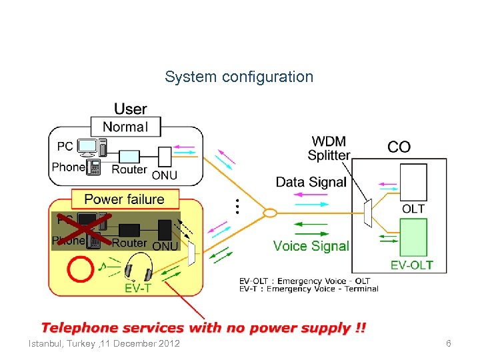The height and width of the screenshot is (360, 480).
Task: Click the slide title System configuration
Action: [239, 77]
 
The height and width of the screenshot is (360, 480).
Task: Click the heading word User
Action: [131, 109]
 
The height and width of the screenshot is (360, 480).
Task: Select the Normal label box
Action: [125, 127]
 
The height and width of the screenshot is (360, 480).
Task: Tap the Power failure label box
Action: [124, 199]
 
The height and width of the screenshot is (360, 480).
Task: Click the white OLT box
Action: [413, 182]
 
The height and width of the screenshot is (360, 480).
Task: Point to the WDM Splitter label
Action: [329, 149]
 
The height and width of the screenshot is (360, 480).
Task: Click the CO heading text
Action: [399, 147]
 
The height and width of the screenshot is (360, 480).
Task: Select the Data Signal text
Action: [311, 182]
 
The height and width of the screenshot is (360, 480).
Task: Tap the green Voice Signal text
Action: [311, 246]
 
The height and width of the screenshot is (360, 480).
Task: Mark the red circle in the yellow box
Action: [79, 269]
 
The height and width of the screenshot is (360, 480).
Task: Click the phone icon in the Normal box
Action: [93, 167]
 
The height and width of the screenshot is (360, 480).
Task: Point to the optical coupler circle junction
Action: [270, 213]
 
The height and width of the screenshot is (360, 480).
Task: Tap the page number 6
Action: [449, 343]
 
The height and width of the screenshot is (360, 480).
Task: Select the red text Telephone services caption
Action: [203, 328]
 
